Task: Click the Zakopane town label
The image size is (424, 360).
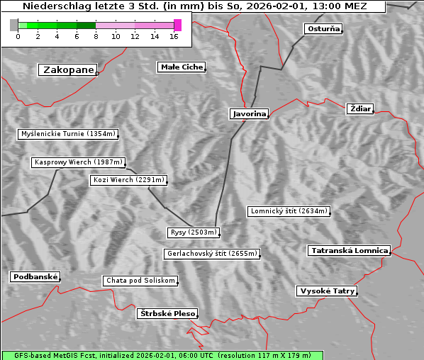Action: click(x=68, y=69)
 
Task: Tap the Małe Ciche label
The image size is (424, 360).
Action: click(x=182, y=67)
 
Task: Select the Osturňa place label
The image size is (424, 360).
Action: click(x=323, y=29)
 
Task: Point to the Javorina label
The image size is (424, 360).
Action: click(x=249, y=113)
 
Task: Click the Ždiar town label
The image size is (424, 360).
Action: click(x=359, y=108)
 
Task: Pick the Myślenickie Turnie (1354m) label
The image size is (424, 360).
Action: click(x=68, y=133)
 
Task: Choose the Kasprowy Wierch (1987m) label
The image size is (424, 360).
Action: click(x=79, y=162)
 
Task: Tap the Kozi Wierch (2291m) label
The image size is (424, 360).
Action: click(x=129, y=180)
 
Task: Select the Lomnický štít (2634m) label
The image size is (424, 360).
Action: click(x=289, y=211)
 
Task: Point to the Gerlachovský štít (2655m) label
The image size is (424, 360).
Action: click(x=211, y=253)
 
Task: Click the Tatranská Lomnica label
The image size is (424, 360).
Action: click(x=349, y=250)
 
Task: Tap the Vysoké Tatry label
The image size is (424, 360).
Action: click(x=327, y=291)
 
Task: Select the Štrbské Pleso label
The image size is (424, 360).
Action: click(x=167, y=313)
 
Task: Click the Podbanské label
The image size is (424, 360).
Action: click(x=35, y=276)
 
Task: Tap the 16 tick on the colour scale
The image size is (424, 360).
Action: click(x=174, y=36)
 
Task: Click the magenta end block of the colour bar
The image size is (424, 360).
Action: click(x=177, y=25)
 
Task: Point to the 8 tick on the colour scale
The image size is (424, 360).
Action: click(x=96, y=36)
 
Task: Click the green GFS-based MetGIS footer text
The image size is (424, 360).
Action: click(x=162, y=355)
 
